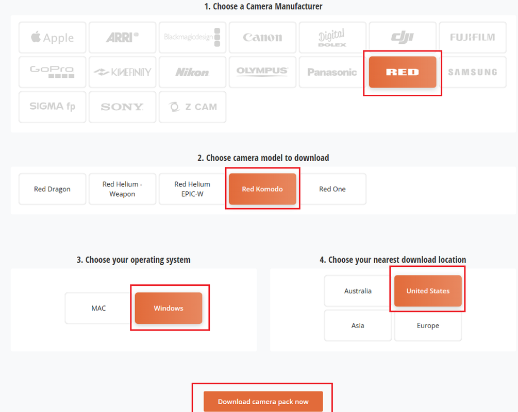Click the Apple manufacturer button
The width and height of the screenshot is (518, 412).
[52, 37]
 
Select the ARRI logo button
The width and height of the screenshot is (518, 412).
[122, 37]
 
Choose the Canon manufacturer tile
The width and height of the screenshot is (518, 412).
[262, 37]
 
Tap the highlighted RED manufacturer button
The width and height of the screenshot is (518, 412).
[403, 72]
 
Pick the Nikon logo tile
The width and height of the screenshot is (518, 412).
[192, 72]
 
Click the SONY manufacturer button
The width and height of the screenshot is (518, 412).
[122, 107]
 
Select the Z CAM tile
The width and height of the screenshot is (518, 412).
[192, 107]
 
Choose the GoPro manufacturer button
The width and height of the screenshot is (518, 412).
[52, 72]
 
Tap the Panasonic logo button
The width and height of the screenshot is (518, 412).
[332, 72]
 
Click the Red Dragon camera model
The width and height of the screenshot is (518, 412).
[52, 189]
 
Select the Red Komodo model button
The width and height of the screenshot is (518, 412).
[262, 189]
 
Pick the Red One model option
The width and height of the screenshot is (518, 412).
[332, 189]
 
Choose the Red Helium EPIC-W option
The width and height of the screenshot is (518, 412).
[192, 189]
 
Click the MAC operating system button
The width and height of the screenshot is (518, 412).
[98, 308]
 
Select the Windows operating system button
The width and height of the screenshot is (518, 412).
[169, 308]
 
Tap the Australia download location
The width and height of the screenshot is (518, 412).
[358, 291]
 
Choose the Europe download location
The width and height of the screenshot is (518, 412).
[428, 325]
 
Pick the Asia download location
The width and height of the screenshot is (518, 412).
[358, 325]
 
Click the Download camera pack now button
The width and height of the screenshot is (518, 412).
[263, 401]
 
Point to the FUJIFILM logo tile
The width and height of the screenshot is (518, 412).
[473, 37]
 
